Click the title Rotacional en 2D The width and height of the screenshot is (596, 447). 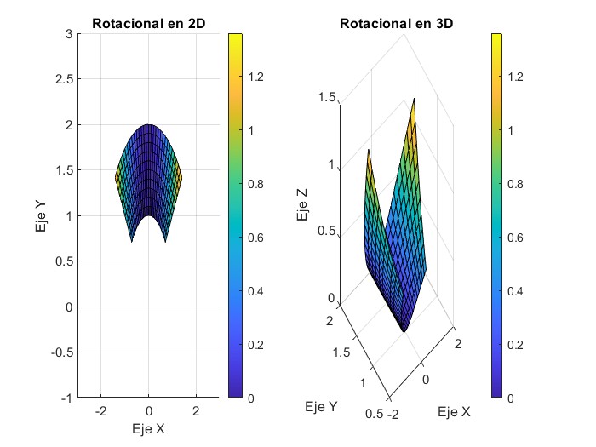(x=148, y=23)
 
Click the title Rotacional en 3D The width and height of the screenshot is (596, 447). (x=396, y=23)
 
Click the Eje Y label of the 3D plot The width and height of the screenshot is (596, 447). (x=320, y=408)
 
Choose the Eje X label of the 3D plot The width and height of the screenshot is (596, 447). (x=454, y=412)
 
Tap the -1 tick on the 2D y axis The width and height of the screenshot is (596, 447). (x=61, y=398)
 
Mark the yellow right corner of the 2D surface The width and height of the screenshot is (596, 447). (x=181, y=178)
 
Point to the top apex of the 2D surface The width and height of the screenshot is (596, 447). (x=149, y=125)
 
